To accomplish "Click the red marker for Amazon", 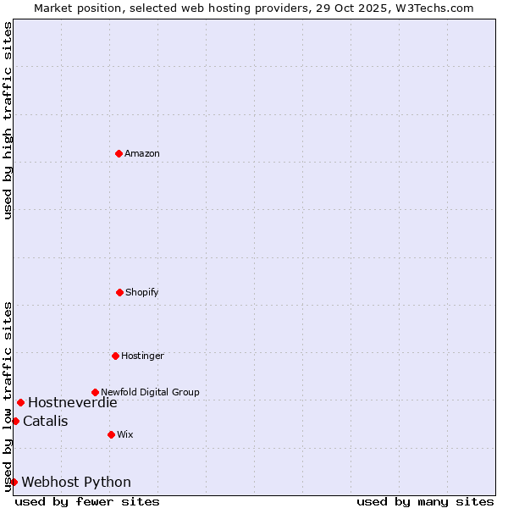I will coord(119,153).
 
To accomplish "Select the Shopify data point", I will coord(119,292).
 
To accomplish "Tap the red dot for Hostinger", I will coord(115,356).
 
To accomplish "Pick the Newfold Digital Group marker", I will coord(95,392).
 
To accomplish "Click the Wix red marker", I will coord(111,434).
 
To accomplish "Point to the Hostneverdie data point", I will coord(20,402).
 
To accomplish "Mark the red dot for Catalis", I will coord(15,421).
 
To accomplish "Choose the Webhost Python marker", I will coord(14,482).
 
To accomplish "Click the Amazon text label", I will coord(142,153).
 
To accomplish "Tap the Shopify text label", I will coord(142,292).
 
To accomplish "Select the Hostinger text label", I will coord(142,356).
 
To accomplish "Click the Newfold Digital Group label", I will coord(150,392).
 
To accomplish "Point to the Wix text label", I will coord(125,434).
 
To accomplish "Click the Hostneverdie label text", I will coord(73,402).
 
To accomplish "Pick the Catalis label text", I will coord(46,421).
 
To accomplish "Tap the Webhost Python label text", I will coord(76,482).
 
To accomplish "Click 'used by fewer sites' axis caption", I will coord(87,501).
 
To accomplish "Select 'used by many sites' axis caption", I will coord(425,501).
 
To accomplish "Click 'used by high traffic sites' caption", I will coord(8,120).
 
